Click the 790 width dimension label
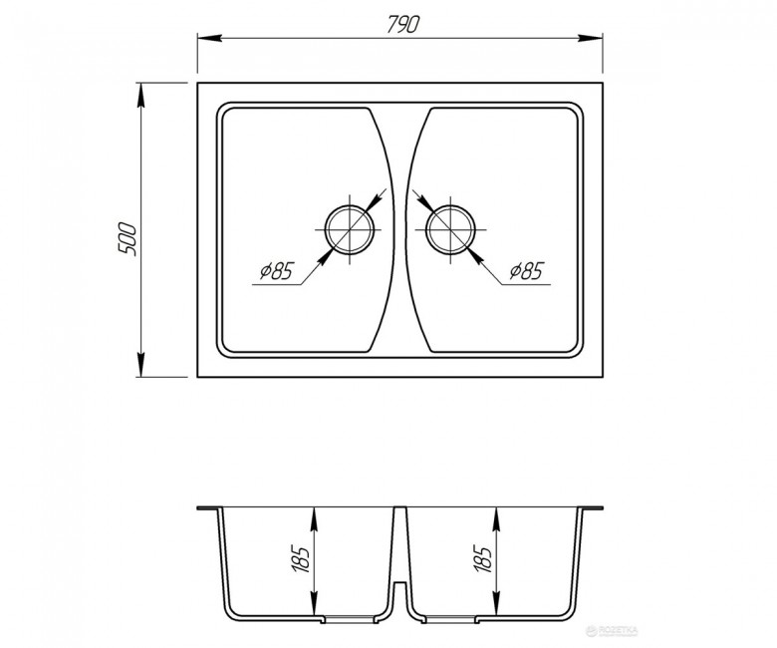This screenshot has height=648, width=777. pos(402,24)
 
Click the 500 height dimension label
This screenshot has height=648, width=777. pos(127,239)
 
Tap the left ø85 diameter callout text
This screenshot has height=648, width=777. pos(277,271)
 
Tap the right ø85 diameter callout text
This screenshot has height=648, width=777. pos(527,271)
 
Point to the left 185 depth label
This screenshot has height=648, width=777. pos(301,558)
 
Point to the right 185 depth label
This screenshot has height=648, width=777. pos(483,558)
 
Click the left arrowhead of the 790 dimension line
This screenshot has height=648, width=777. pos(209,38)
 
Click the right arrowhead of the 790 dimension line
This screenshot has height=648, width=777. pos(590,38)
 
